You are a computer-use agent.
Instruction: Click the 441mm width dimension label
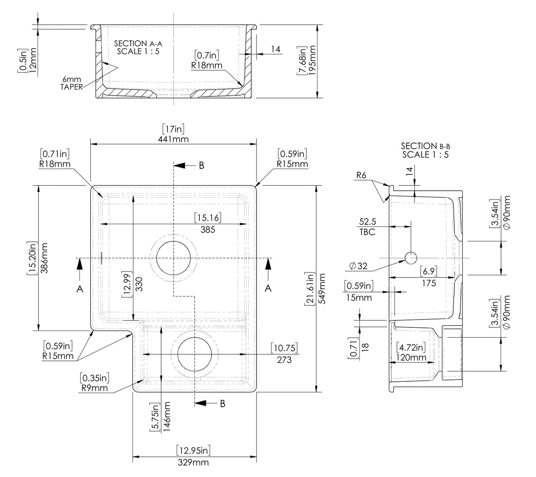tap(174, 139)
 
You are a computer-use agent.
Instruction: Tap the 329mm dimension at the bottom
tap(193, 462)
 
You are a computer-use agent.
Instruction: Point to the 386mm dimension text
tap(44, 258)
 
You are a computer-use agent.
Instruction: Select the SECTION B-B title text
tap(425, 150)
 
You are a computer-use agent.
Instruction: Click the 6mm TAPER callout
tap(72, 83)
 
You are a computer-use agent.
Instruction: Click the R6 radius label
tap(362, 176)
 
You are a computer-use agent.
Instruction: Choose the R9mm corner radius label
tap(94, 388)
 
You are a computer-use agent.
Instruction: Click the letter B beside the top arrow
tap(201, 165)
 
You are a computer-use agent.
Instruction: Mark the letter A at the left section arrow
tap(79, 288)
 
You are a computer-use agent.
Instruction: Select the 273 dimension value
tap(284, 360)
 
